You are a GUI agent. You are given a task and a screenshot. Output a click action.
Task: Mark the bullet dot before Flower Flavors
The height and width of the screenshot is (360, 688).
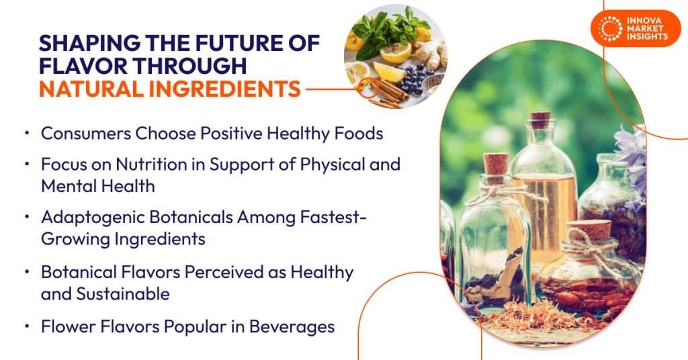[x=26, y=327]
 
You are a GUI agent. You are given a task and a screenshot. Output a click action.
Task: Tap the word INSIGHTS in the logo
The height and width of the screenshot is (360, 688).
[x=646, y=37]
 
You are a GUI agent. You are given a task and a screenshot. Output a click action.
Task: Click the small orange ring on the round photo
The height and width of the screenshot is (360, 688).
[x=367, y=89]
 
